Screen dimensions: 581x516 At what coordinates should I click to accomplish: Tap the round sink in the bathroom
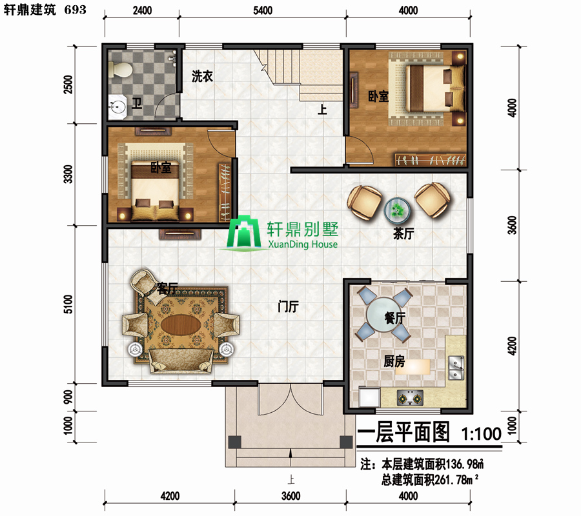117,106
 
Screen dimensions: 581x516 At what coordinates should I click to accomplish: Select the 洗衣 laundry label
202,76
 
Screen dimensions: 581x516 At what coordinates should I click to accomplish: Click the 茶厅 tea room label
403,233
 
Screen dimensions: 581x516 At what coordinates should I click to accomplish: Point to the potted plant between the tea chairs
397,210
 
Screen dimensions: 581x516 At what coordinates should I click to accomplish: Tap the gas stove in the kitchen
410,398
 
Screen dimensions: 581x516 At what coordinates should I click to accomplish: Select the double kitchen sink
456,368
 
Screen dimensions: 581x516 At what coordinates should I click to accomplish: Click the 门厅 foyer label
289,306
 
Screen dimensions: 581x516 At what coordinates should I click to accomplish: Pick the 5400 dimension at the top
263,10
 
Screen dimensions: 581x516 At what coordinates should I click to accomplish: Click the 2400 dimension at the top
142,10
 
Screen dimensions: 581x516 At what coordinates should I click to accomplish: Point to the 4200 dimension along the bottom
170,496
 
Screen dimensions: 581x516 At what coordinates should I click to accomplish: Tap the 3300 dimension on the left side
68,174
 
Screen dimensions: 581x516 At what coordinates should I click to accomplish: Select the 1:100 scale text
482,433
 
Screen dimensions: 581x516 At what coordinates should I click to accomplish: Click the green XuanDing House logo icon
243,232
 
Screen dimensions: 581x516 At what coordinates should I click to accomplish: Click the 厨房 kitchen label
394,361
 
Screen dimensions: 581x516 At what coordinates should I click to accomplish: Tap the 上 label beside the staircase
322,110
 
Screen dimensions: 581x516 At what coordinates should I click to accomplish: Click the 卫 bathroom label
137,103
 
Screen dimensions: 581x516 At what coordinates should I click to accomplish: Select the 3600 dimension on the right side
512,225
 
